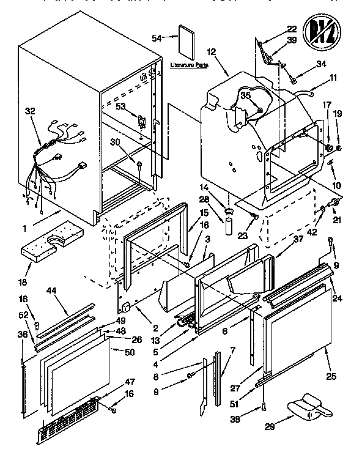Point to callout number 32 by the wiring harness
pyautogui.click(x=30, y=111)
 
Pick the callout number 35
pyautogui.click(x=245, y=95)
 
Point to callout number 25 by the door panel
pyautogui.click(x=331, y=376)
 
